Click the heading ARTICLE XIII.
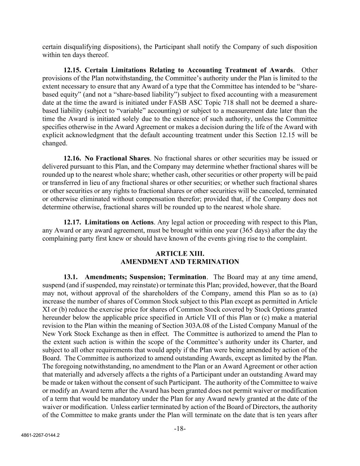180,254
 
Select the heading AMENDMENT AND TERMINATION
180,262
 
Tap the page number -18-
180,429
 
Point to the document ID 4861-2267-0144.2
40,436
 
